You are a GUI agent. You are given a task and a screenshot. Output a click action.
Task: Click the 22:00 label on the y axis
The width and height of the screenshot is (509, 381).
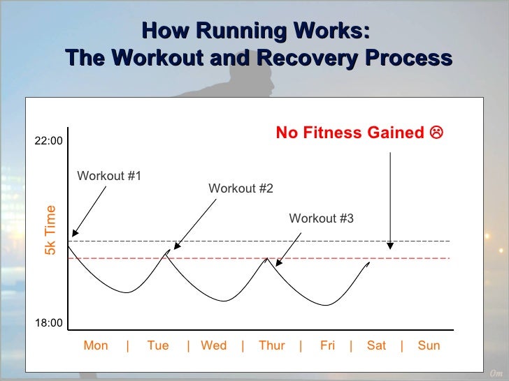click(49, 140)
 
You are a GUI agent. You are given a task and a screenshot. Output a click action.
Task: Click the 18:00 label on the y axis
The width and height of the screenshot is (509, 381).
click(49, 323)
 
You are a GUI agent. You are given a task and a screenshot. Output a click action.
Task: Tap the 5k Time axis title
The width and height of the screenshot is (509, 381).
click(50, 230)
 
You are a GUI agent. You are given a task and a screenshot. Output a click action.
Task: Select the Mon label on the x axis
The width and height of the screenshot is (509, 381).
click(96, 345)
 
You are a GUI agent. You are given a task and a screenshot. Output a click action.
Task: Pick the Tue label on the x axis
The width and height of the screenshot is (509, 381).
click(158, 345)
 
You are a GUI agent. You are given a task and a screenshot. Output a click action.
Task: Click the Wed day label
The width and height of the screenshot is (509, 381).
click(213, 345)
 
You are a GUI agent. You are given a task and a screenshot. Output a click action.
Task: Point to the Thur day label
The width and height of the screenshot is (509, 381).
click(271, 345)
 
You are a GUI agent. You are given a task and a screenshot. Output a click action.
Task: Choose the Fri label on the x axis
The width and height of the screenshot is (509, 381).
click(327, 345)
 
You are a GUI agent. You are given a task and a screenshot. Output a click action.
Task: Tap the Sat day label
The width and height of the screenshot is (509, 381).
click(376, 345)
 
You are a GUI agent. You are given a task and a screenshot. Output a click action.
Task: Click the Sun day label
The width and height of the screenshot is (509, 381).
click(429, 345)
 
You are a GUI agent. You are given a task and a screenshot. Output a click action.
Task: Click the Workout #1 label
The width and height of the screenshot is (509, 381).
click(109, 175)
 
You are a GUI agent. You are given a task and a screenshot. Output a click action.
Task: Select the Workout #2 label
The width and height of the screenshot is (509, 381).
click(241, 188)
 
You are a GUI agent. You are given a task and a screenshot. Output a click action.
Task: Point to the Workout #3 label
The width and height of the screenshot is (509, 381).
click(321, 219)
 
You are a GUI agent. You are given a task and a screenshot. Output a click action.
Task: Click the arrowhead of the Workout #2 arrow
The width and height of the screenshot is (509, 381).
click(176, 246)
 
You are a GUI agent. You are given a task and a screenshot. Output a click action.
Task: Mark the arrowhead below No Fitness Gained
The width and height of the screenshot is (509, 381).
click(391, 246)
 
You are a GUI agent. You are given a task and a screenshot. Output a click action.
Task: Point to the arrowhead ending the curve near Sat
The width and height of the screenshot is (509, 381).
click(368, 265)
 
